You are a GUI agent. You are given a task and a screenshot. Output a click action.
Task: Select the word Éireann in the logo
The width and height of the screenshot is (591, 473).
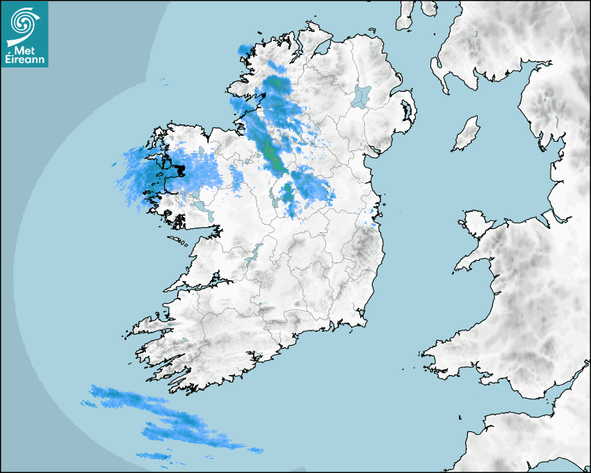(25, 61)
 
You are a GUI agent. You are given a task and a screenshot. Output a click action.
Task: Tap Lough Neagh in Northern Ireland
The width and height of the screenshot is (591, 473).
(362, 95)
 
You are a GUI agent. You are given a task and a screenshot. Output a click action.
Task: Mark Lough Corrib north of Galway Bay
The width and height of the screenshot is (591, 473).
(202, 208)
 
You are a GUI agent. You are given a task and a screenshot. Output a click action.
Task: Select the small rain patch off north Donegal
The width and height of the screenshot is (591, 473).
(244, 49)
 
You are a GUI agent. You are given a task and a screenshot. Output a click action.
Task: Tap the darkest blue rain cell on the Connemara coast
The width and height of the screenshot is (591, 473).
(179, 169)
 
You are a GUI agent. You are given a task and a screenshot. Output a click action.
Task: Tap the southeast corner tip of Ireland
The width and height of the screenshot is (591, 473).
(364, 321)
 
